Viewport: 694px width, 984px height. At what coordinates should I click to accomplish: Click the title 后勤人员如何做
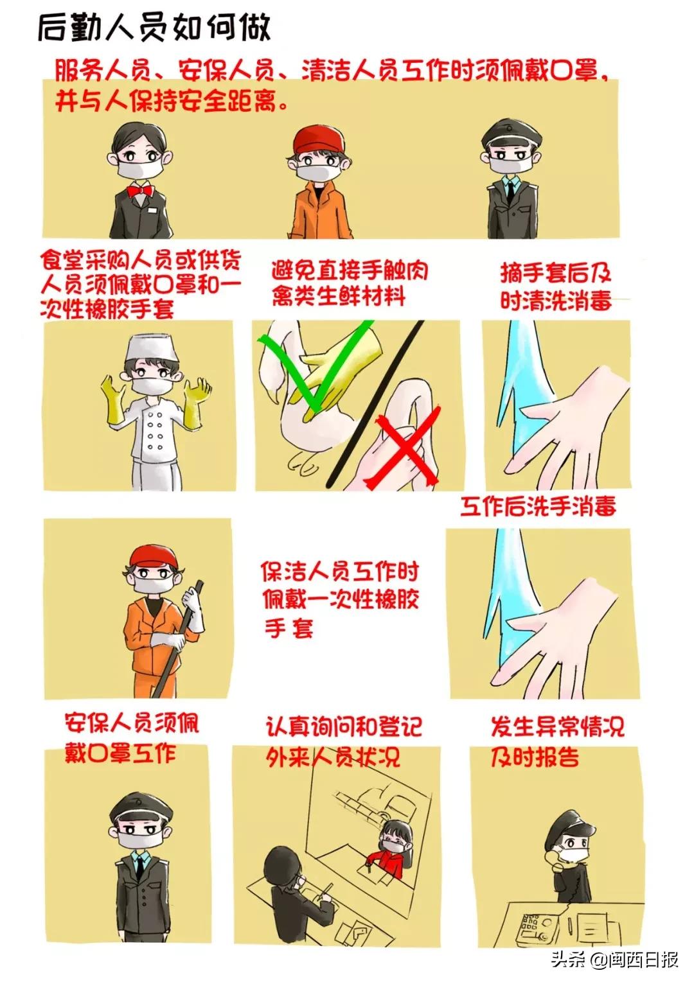[154, 28]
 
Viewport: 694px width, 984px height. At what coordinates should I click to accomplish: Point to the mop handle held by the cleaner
[177, 642]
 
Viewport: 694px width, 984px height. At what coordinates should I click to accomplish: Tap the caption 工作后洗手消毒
[538, 506]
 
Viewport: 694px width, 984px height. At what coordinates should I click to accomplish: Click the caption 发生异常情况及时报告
[556, 742]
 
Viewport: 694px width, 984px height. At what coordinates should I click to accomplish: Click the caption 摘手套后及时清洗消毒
[556, 286]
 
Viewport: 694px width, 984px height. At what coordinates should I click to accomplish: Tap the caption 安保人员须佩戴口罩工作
[132, 737]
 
